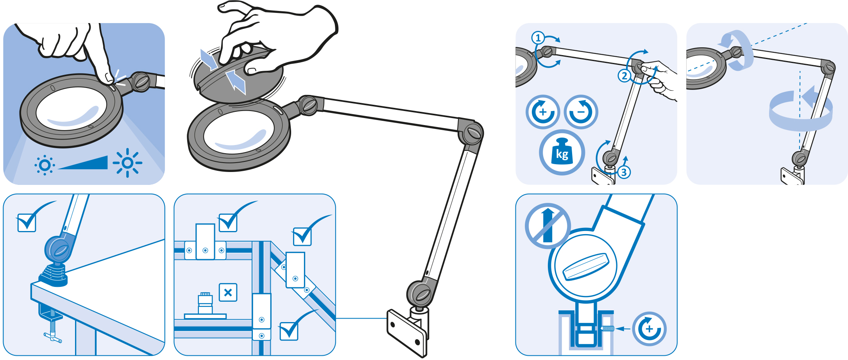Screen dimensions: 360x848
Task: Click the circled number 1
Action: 538,38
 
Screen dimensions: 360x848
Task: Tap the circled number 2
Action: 624,75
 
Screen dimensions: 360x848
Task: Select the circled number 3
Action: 624,172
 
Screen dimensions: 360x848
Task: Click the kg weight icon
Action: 562,152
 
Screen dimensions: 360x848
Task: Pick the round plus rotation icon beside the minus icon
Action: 542,112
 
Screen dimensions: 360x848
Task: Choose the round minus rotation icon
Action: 581,112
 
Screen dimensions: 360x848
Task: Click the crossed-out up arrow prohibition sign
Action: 547,226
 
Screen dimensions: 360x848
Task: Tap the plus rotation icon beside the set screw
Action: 649,329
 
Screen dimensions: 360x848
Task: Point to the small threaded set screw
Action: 607,329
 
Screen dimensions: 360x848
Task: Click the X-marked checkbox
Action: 228,292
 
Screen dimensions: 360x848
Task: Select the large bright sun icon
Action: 127,163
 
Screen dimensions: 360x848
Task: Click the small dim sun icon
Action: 45,165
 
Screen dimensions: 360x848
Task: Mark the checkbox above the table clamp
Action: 27,222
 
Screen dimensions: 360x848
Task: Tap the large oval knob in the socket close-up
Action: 585,267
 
